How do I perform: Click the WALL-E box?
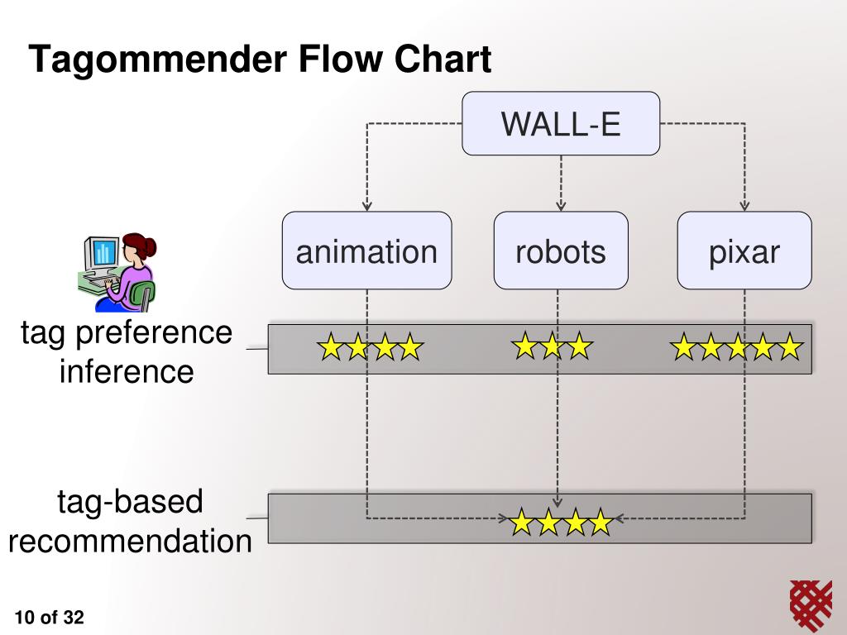pyautogui.click(x=561, y=124)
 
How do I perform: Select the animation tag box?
pyautogui.click(x=366, y=251)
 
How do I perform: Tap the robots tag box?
pyautogui.click(x=561, y=251)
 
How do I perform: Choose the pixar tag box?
pyautogui.click(x=744, y=251)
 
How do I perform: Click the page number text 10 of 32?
pyautogui.click(x=49, y=617)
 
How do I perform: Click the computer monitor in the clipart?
pyautogui.click(x=102, y=252)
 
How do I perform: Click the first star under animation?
pyautogui.click(x=331, y=348)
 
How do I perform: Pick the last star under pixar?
pyautogui.click(x=789, y=348)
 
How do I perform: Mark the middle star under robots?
pyautogui.click(x=552, y=346)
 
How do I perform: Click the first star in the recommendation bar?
pyautogui.click(x=521, y=522)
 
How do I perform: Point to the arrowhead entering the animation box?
pyautogui.click(x=367, y=206)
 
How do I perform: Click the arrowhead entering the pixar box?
pyautogui.click(x=744, y=206)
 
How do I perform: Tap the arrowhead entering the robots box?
pyautogui.click(x=561, y=206)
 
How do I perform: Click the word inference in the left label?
pyautogui.click(x=127, y=371)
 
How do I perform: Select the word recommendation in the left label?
pyautogui.click(x=130, y=542)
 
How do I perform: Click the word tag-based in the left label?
pyautogui.click(x=130, y=502)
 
